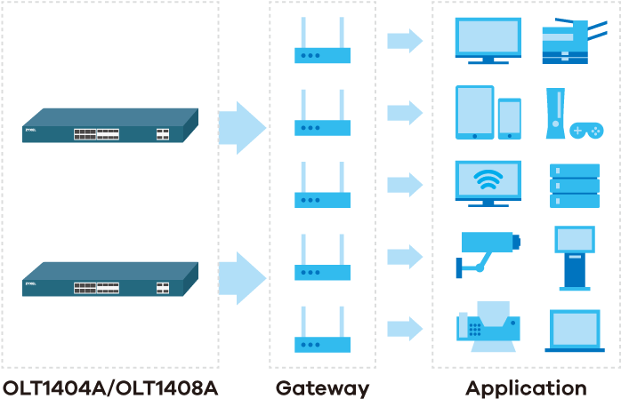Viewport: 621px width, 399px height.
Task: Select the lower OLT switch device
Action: tap(109, 279)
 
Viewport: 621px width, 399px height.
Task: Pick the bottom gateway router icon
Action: tap(322, 333)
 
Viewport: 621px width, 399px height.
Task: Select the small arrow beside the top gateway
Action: tap(405, 41)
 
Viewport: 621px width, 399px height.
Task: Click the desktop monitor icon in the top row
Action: tap(488, 40)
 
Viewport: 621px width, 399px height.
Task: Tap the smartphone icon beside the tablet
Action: tap(510, 118)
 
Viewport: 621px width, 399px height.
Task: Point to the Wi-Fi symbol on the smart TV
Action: tap(487, 180)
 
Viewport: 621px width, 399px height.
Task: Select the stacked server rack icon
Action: tap(574, 185)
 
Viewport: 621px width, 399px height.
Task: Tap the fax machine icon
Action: tap(488, 327)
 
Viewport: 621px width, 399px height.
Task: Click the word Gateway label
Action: tap(322, 388)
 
